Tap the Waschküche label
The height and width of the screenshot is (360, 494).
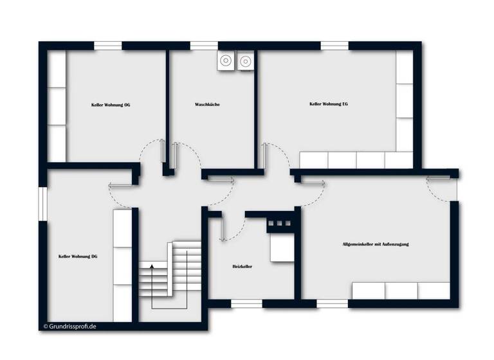[207, 104]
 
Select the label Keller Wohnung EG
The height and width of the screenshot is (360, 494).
[329, 104]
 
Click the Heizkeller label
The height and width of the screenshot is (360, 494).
[242, 266]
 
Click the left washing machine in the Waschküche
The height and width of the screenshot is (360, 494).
[226, 61]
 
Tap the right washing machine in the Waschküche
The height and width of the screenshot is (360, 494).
[246, 61]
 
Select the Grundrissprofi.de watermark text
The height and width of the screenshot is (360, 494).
[70, 326]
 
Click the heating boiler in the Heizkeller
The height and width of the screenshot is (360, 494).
[282, 248]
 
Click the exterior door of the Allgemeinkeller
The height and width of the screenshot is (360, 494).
[443, 186]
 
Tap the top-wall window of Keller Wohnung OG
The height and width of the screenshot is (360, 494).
[108, 46]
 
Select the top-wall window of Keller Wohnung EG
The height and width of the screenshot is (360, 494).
[334, 46]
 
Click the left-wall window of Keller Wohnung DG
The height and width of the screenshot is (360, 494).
[43, 204]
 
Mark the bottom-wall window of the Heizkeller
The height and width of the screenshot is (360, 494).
[246, 303]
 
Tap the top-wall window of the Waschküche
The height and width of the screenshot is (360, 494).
[204, 46]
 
